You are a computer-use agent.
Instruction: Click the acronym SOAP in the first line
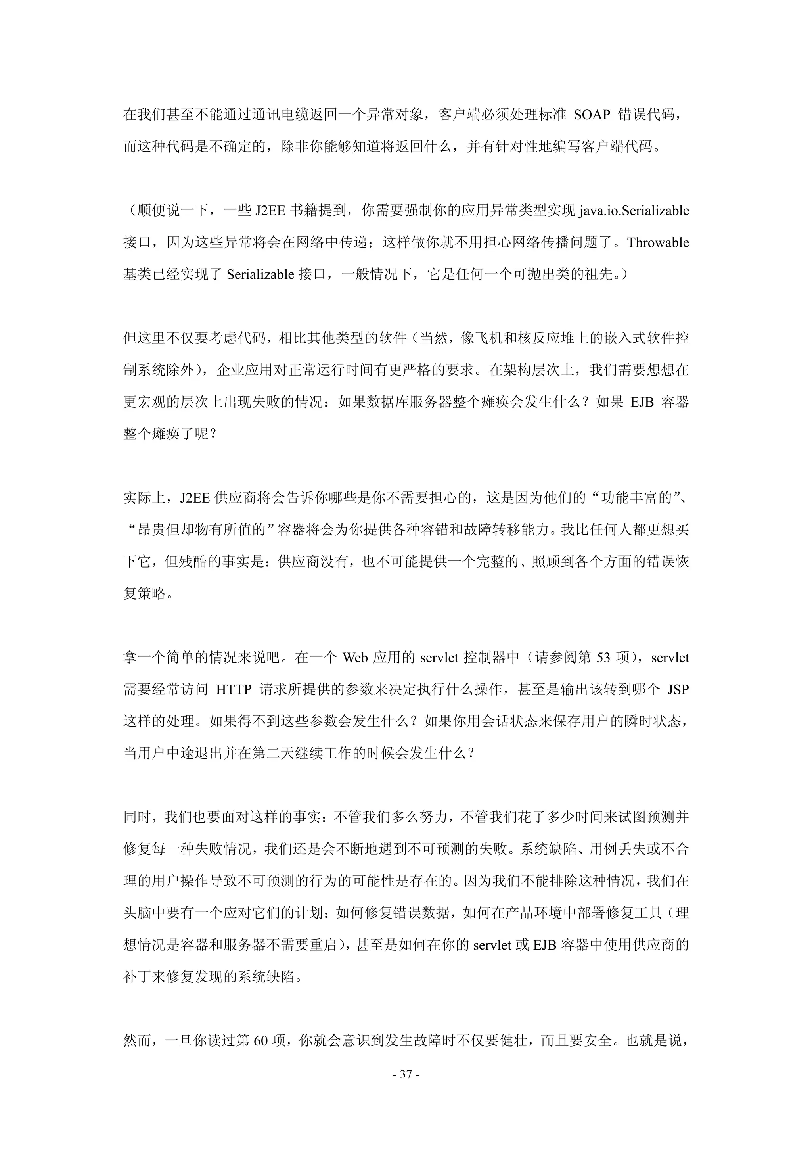(592, 115)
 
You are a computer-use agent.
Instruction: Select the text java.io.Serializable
(634, 211)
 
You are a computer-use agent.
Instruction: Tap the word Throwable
(658, 243)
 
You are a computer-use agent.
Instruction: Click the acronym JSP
(678, 690)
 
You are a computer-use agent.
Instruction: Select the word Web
(355, 658)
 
